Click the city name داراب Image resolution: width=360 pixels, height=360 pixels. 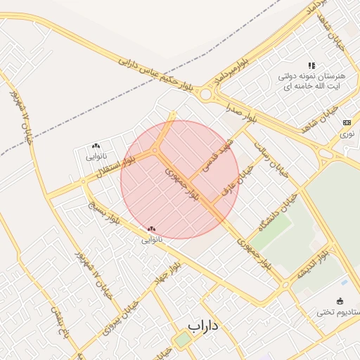pyautogui.click(x=205, y=326)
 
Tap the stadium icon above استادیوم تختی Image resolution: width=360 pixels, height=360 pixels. pyautogui.click(x=341, y=300)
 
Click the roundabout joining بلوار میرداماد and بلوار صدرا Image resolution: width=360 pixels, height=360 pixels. pyautogui.click(x=205, y=94)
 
